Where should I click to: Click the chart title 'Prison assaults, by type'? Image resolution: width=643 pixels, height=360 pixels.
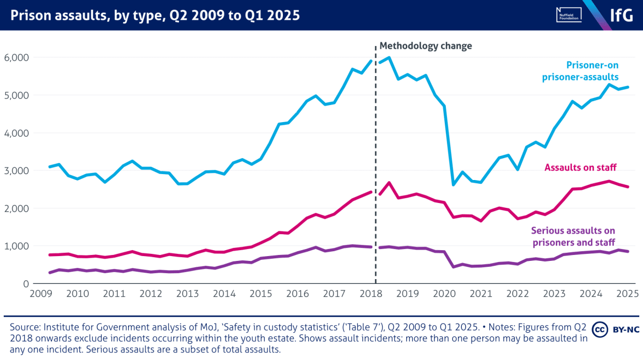[155, 16]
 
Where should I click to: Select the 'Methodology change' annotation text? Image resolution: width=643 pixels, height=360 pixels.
[425, 46]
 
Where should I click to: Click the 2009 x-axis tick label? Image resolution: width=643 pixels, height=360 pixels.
[41, 294]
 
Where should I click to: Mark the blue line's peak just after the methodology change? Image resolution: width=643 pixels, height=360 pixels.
[389, 57]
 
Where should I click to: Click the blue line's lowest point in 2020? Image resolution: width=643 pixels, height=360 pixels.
[454, 185]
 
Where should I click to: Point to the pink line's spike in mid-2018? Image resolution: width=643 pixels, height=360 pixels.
[389, 183]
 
